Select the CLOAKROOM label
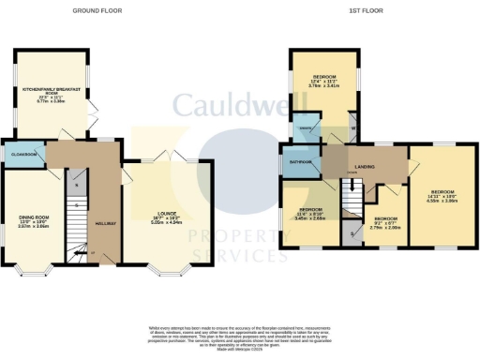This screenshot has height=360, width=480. click(22, 153)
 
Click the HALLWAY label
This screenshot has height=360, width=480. click(105, 224)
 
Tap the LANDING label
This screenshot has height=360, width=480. click(366, 167)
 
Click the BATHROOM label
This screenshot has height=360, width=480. click(300, 161)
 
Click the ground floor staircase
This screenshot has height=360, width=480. click(79, 216)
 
